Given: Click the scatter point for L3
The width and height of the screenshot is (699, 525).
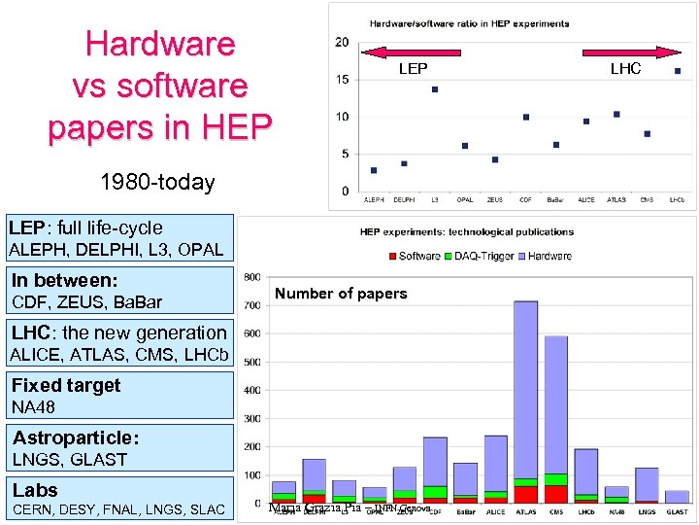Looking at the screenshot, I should (435, 89).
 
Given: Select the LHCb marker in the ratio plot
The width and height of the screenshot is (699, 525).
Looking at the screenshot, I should (678, 71).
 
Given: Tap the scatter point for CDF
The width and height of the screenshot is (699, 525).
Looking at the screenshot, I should (526, 117).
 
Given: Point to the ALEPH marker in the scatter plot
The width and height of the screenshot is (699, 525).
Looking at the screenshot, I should (374, 170).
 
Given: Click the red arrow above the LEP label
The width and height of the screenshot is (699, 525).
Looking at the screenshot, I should (413, 52).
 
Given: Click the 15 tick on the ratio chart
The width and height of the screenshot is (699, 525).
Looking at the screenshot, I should (343, 80).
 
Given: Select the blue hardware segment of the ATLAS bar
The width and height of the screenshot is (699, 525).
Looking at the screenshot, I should (525, 389).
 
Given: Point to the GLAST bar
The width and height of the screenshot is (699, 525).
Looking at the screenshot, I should (677, 496).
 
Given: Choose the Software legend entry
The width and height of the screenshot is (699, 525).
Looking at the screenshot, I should (415, 256).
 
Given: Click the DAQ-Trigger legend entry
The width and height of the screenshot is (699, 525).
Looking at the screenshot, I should (481, 256).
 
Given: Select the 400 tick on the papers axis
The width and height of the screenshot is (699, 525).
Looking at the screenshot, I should (251, 391).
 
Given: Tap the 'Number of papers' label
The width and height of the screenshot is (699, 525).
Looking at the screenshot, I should (341, 294).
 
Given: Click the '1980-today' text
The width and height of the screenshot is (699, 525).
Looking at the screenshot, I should (157, 182).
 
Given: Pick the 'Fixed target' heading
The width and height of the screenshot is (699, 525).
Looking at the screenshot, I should (66, 385).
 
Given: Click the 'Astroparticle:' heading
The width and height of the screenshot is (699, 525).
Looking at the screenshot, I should (76, 437).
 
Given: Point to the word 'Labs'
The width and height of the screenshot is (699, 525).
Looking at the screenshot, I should (35, 490).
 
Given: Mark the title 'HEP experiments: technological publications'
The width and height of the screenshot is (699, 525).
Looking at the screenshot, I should (466, 232).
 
